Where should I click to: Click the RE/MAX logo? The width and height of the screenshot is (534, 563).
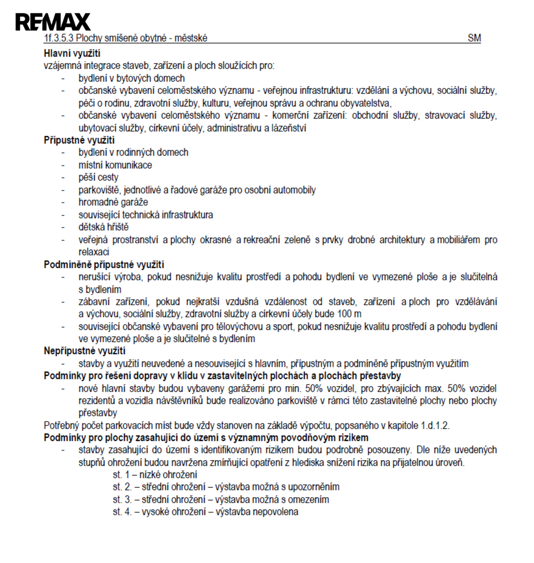click(x=53, y=22)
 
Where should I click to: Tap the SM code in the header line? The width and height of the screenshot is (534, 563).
click(x=474, y=39)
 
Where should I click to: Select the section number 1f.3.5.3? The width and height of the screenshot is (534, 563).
click(x=59, y=39)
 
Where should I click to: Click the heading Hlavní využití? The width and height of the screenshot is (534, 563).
click(x=72, y=53)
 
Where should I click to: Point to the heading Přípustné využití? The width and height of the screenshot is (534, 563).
click(x=79, y=140)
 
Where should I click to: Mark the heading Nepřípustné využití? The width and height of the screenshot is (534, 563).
click(x=84, y=351)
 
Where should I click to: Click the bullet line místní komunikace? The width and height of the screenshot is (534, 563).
click(x=115, y=165)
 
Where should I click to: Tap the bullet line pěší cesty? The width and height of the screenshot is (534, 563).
click(x=99, y=177)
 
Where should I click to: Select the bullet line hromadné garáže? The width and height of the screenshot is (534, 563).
click(x=113, y=202)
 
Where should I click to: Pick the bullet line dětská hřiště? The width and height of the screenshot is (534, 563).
click(x=103, y=227)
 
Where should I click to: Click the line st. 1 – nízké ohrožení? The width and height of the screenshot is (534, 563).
click(x=155, y=475)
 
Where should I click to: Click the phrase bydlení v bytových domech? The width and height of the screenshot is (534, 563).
click(x=131, y=78)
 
